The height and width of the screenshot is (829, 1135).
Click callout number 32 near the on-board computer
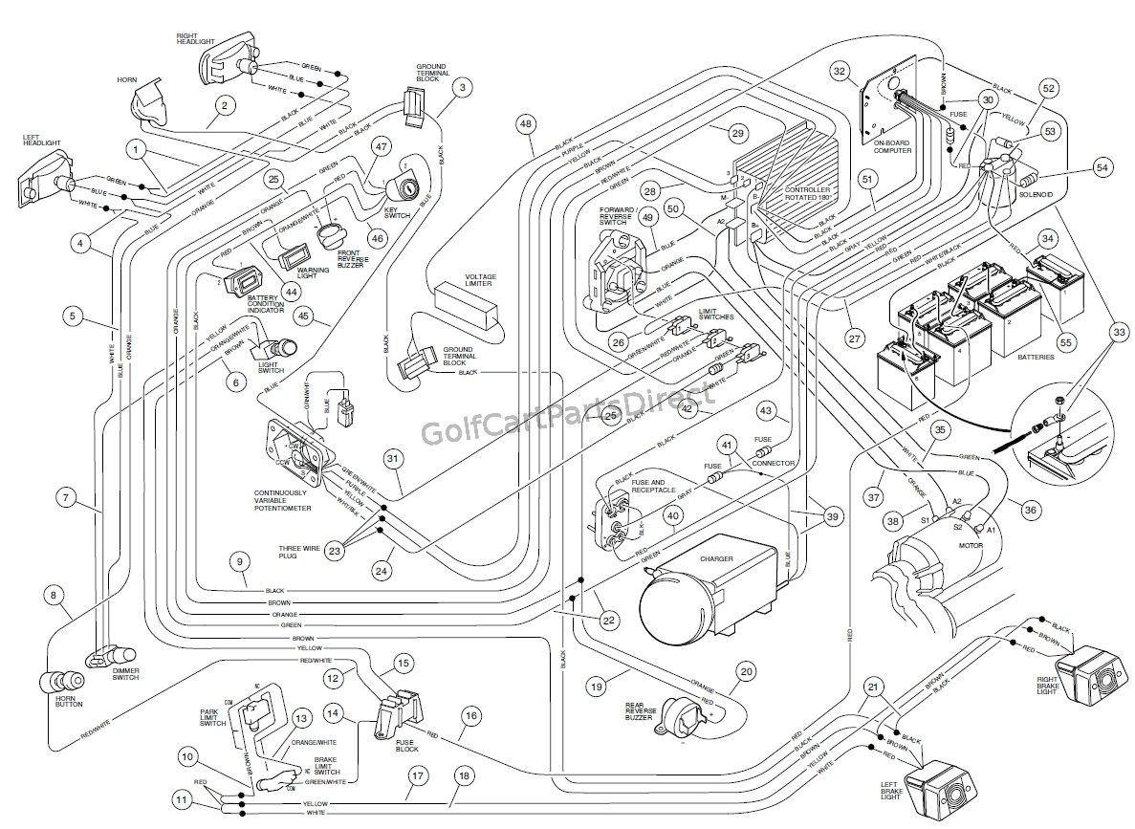click(840, 70)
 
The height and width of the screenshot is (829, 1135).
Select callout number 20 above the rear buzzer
click(746, 671)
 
